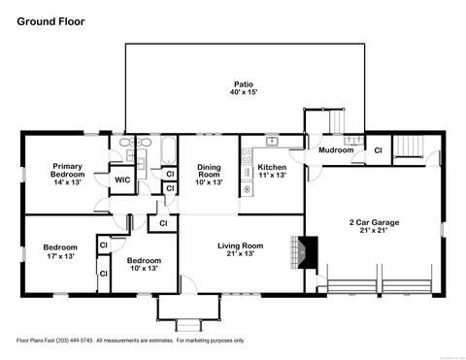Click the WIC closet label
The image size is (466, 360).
122,180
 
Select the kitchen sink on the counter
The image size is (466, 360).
274,142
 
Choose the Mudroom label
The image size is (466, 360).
336,150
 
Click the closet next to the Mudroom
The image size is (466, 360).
377,150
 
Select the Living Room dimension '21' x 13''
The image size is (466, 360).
240,255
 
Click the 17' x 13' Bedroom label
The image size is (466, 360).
60,255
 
